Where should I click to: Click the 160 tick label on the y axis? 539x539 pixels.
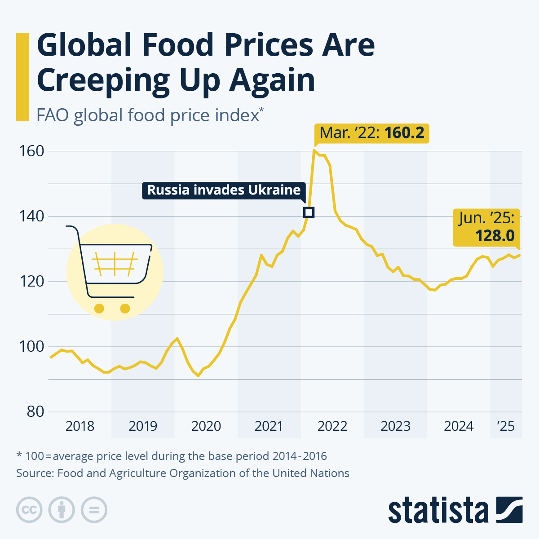tap(31, 151)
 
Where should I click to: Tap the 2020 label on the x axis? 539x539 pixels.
tap(206, 426)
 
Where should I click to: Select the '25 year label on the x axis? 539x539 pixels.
tap(506, 426)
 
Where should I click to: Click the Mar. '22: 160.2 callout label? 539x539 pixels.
tap(371, 133)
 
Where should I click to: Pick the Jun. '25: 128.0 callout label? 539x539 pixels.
tap(486, 227)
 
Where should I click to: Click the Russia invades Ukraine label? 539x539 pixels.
tap(224, 190)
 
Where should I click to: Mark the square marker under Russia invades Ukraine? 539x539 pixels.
tap(309, 212)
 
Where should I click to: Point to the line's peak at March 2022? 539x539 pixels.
tap(314, 150)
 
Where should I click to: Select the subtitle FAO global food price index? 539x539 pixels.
tap(148, 115)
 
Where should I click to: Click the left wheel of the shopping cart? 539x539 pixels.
tap(99, 309)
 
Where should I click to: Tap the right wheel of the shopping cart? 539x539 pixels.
tap(125, 309)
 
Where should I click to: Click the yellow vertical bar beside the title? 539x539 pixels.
tap(22, 77)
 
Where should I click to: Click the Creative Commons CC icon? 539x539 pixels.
tap(29, 510)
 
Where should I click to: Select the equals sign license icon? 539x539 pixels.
tap(94, 510)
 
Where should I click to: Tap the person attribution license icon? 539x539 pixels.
tap(62, 510)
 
